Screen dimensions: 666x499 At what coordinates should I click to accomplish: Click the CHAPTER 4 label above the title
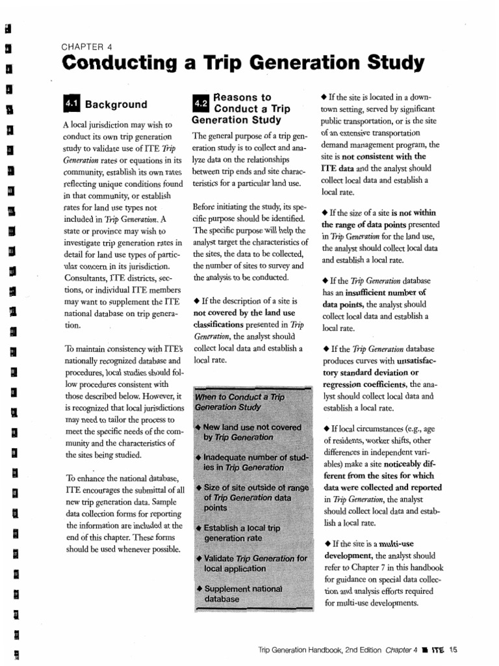tap(87, 46)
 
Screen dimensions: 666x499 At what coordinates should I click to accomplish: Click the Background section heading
tap(116, 105)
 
